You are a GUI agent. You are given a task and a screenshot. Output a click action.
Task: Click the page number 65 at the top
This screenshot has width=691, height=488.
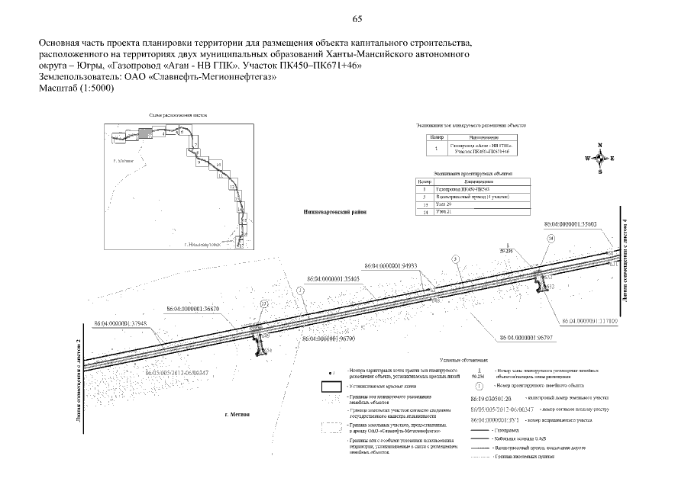point(357,19)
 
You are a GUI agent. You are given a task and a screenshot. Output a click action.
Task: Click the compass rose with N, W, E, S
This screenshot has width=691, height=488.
point(600,158)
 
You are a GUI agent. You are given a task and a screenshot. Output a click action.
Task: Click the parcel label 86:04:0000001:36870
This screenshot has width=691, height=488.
point(194,309)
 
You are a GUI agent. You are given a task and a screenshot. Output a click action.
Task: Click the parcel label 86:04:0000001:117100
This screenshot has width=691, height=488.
point(589,321)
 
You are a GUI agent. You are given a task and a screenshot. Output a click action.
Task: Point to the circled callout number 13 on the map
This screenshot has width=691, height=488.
point(265,303)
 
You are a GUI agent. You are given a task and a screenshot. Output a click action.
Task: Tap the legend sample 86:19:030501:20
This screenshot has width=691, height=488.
point(493,398)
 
